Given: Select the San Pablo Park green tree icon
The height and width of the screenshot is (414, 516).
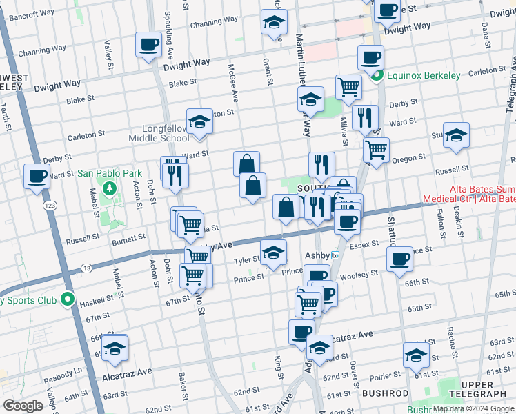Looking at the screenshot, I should point(108,188).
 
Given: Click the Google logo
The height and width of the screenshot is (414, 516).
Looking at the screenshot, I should point(23,406).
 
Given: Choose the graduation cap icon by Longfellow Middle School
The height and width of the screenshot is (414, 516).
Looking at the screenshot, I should point(199,121).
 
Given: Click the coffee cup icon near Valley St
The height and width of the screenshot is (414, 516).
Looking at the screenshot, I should point(148,46).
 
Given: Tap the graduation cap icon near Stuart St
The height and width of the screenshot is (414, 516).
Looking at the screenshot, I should point(456,135).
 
